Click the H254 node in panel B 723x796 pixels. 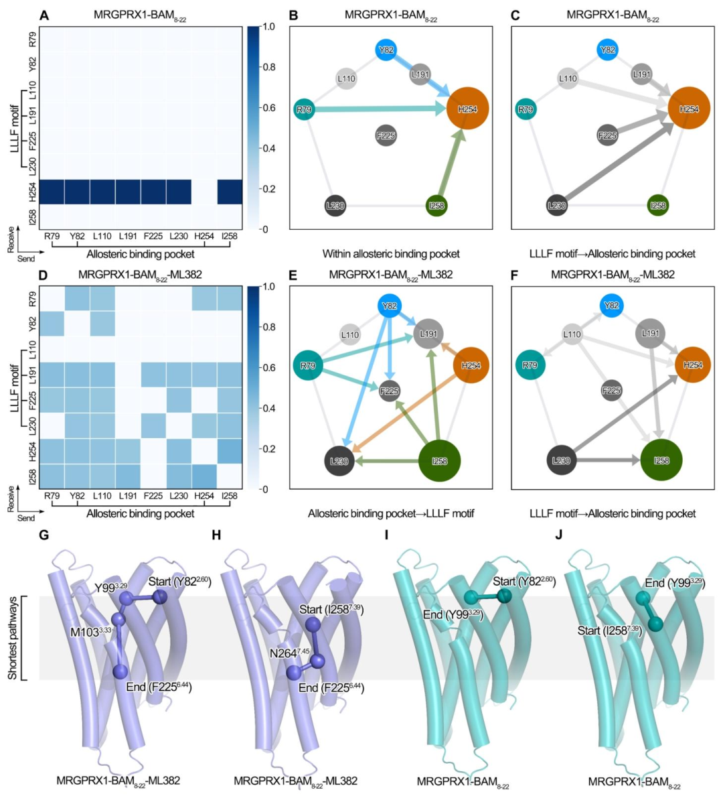pyautogui.click(x=467, y=109)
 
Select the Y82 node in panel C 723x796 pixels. pyautogui.click(x=607, y=50)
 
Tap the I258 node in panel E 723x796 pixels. pyautogui.click(x=439, y=461)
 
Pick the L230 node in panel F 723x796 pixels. pyautogui.click(x=560, y=460)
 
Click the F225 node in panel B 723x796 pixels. pyautogui.click(x=386, y=135)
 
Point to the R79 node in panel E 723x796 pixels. pyautogui.click(x=308, y=366)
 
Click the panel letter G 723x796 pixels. pyautogui.click(x=44, y=535)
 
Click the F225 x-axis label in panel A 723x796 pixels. pyautogui.click(x=153, y=236)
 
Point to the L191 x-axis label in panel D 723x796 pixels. pyautogui.click(x=128, y=496)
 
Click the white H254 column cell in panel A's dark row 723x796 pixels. pyautogui.click(x=204, y=192)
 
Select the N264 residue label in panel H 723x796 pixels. pyautogui.click(x=290, y=653)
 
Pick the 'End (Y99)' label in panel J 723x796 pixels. pyautogui.click(x=675, y=583)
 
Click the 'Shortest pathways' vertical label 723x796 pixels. pyautogui.click(x=13, y=638)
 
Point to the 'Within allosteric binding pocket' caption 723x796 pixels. pyautogui.click(x=391, y=254)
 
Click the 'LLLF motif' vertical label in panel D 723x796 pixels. pyautogui.click(x=14, y=389)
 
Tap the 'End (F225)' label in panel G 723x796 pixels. pyautogui.click(x=159, y=687)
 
